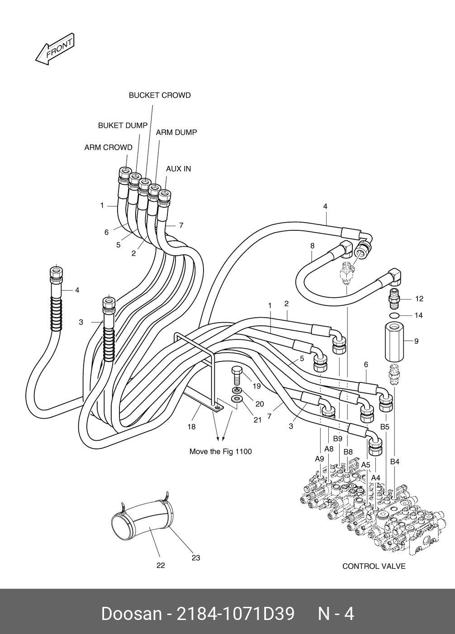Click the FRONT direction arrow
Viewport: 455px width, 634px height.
[x=54, y=49]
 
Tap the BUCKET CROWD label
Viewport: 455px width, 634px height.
[x=160, y=95]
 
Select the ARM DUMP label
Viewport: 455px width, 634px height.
[x=176, y=133]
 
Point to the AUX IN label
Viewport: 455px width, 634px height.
[x=178, y=169]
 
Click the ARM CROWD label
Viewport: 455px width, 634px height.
[x=108, y=148]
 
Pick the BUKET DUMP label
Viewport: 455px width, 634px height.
[x=123, y=125]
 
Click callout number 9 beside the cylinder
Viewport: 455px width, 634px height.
[x=416, y=341]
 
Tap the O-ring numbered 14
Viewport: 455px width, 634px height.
[x=393, y=315]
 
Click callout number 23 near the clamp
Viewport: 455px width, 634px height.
[x=195, y=558]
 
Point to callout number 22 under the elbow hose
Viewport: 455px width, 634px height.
[x=161, y=565]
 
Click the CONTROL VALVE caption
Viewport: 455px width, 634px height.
[x=374, y=566]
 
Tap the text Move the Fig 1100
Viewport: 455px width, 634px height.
[x=220, y=452]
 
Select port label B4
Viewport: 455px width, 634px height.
[x=395, y=462]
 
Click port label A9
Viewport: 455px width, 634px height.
[x=319, y=458]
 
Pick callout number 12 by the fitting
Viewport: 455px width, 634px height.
[x=419, y=299]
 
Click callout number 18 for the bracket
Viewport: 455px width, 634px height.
[x=191, y=427]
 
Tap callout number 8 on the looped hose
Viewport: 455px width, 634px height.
[x=312, y=246]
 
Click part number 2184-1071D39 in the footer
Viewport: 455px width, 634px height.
[x=235, y=614]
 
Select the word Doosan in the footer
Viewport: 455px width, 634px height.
[x=131, y=614]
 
